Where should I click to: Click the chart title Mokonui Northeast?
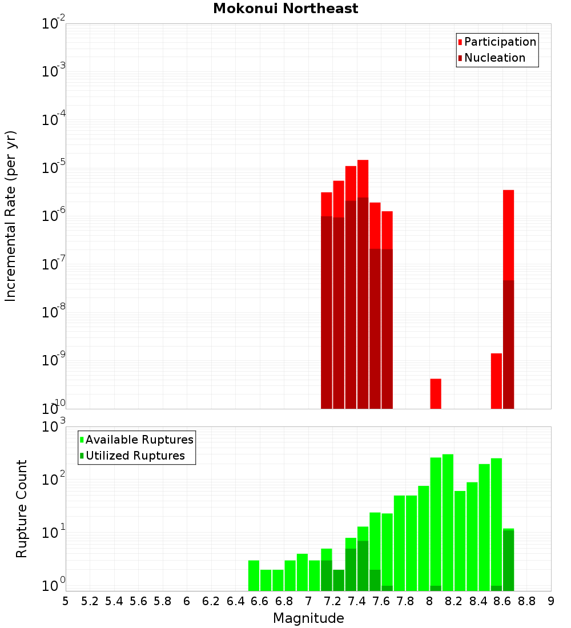[285, 9]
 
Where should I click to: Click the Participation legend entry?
[500, 42]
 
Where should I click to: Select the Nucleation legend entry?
[494, 58]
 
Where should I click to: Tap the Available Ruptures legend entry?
[139, 440]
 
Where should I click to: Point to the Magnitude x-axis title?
[308, 618]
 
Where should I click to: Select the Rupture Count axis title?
[22, 508]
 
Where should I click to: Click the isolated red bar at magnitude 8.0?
[436, 393]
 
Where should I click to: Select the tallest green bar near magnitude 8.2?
[448, 522]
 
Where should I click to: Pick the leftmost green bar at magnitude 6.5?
[254, 575]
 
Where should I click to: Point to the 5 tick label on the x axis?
[66, 601]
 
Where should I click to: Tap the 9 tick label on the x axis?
[551, 601]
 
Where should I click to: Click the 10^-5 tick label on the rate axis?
[53, 168]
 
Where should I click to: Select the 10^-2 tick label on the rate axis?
[53, 24]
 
